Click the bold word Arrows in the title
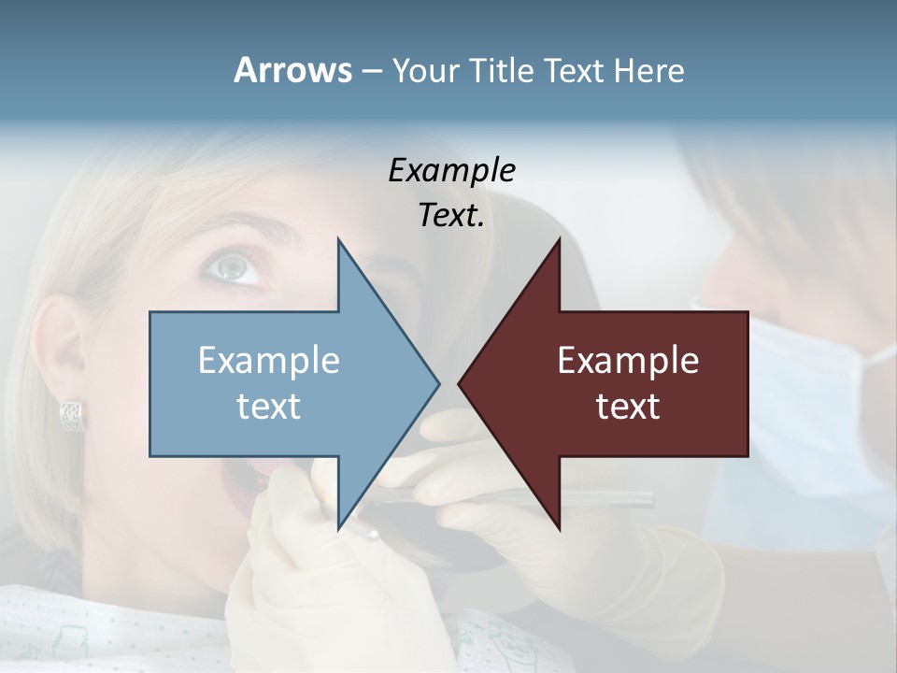pyautogui.click(x=292, y=70)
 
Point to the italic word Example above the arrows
pyautogui.click(x=451, y=170)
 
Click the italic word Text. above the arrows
pyautogui.click(x=451, y=215)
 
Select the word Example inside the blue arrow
pyautogui.click(x=269, y=360)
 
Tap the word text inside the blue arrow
pyautogui.click(x=269, y=406)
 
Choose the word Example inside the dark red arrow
pyautogui.click(x=628, y=360)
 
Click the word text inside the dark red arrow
pyautogui.click(x=628, y=406)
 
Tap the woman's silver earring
pyautogui.click(x=72, y=413)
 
